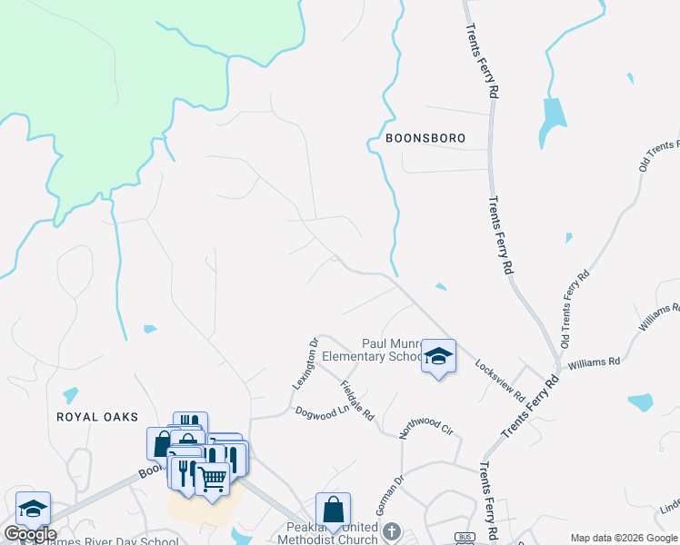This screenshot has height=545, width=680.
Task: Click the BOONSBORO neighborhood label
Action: (x=425, y=139)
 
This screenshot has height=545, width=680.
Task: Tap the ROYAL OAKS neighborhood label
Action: (x=97, y=417)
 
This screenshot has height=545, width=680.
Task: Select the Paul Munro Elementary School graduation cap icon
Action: (x=438, y=357)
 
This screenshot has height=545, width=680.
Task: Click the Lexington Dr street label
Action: (x=304, y=363)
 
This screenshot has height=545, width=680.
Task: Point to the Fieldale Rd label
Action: (x=357, y=401)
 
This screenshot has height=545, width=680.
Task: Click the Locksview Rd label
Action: (x=500, y=380)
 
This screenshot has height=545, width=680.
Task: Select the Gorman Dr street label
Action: (x=384, y=495)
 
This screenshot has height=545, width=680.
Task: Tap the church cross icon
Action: (x=392, y=530)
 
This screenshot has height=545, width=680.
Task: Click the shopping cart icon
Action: (x=212, y=477)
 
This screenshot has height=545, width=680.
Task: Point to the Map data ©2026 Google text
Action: (x=623, y=538)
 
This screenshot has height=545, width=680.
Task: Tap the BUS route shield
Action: (x=465, y=537)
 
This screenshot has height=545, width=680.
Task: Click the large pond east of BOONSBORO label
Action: (x=552, y=121)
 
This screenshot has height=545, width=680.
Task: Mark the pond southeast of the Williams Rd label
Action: (x=640, y=401)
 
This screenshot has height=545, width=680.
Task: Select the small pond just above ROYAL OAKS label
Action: (x=69, y=395)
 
